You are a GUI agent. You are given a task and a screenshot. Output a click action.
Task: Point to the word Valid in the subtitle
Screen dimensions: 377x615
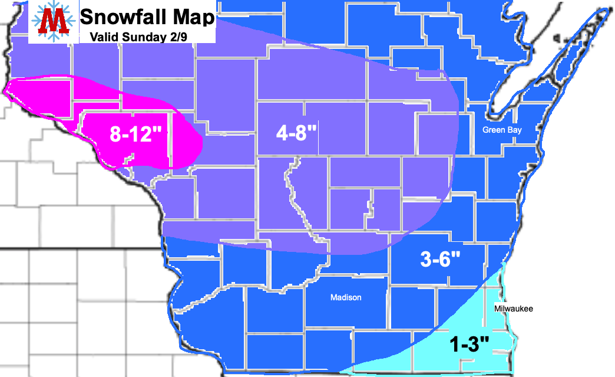click(x=104, y=37)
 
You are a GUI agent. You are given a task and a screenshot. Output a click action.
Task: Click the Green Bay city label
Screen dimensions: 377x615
click(x=501, y=130)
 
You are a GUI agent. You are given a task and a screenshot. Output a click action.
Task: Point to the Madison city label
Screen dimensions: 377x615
click(x=346, y=298)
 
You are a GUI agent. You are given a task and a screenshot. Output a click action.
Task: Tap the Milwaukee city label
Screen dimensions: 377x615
click(x=513, y=308)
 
